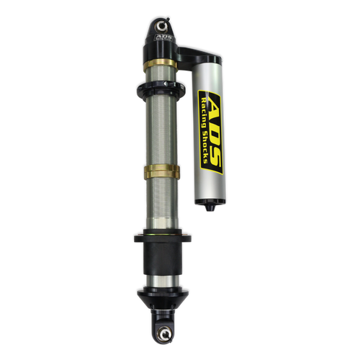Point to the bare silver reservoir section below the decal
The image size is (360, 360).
coord(209,189)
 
